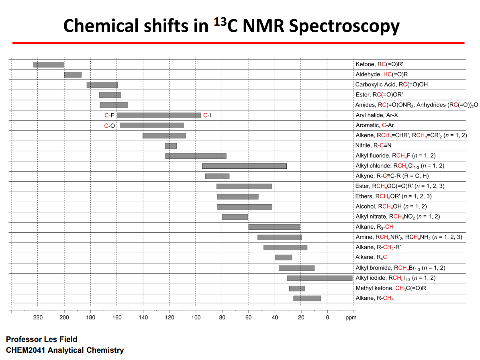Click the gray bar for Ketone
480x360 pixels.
(49, 64)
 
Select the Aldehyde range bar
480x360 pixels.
(73, 75)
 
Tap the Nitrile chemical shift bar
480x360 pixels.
(171, 145)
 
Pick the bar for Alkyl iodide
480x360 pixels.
(320, 278)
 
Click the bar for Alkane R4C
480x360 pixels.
(283, 258)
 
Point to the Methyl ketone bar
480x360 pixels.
(297, 288)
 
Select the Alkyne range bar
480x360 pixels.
(217, 176)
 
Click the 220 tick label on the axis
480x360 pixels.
(38, 317)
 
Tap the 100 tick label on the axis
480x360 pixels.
(196, 317)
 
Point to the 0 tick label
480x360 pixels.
(327, 317)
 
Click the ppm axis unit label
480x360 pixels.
(351, 317)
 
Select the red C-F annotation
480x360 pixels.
(109, 115)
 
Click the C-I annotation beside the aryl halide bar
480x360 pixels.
(207, 115)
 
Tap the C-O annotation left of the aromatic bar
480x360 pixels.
(109, 126)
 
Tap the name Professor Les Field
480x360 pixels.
(42, 340)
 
